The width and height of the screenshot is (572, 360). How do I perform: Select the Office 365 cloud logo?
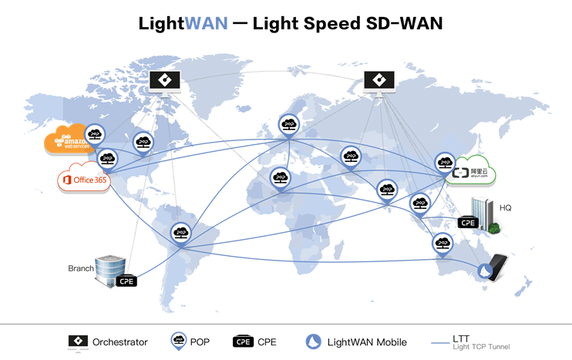(83, 180)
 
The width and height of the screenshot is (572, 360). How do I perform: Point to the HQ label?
(506, 207)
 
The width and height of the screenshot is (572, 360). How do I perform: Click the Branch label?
(80, 268)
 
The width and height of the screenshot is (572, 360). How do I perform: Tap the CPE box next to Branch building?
(126, 281)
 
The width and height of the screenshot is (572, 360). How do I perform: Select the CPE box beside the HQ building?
(467, 222)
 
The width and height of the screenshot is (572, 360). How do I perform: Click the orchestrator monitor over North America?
(164, 81)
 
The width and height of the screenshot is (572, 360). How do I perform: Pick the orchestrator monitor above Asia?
(379, 81)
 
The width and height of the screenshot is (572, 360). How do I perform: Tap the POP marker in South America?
(180, 232)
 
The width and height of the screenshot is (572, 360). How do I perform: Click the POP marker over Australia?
(442, 243)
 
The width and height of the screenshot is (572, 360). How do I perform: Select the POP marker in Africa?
(281, 179)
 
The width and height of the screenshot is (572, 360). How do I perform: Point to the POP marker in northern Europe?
(289, 125)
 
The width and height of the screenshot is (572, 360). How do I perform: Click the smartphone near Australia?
(496, 267)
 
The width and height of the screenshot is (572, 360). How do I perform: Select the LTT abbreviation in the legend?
(462, 338)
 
